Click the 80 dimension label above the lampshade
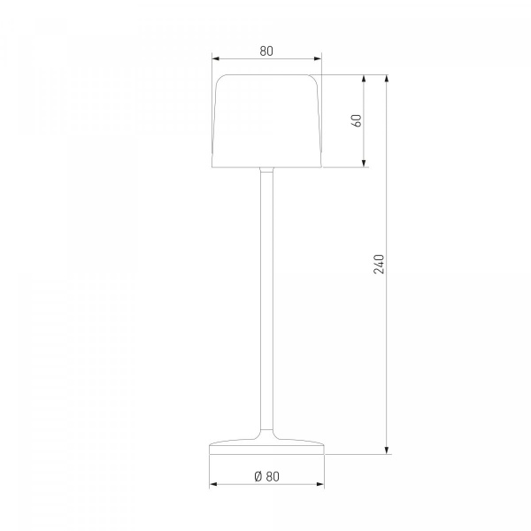point(266,50)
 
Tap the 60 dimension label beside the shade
point(357,121)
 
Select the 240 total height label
point(379,264)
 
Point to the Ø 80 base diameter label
point(267,476)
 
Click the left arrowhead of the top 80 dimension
point(216,59)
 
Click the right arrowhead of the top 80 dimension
point(318,59)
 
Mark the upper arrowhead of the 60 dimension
point(364,79)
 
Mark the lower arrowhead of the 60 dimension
point(364,163)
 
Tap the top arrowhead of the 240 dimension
point(387,79)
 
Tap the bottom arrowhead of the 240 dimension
point(387,450)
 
